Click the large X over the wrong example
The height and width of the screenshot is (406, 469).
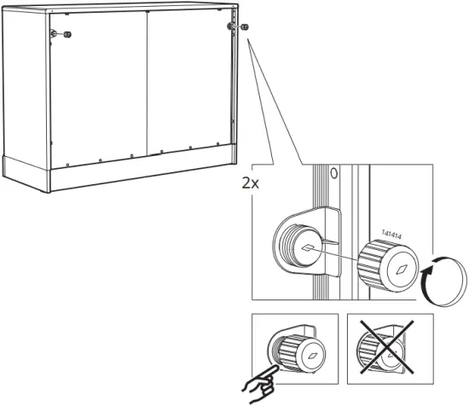[390, 356]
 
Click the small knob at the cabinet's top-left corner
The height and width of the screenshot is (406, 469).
[68, 35]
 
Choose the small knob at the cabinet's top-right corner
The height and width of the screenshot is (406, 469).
[243, 27]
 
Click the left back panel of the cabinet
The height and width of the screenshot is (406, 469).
[98, 85]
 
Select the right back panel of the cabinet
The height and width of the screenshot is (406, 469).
[188, 81]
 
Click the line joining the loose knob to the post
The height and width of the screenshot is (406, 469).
[341, 257]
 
